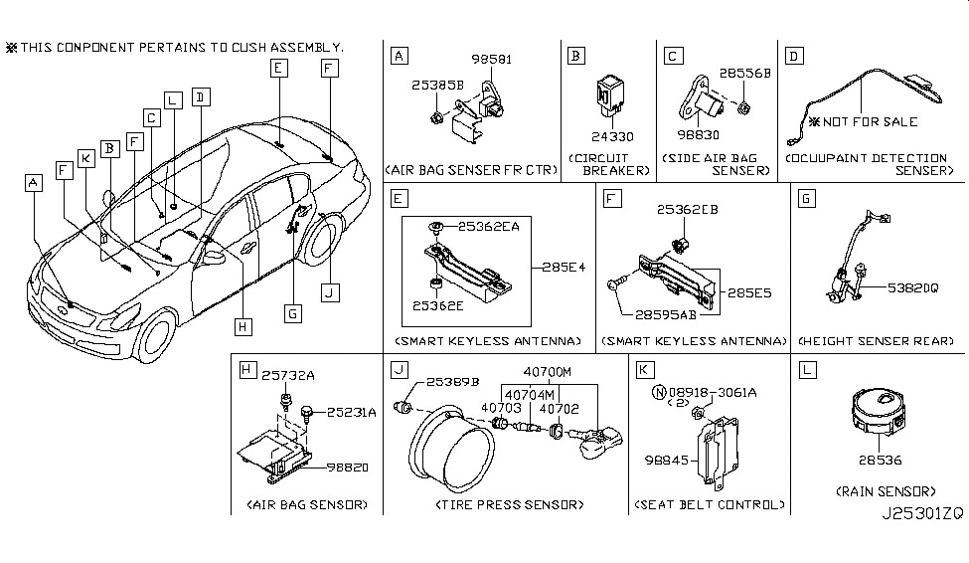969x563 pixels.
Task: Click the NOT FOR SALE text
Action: tap(868, 122)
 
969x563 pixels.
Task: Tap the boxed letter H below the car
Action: tap(240, 323)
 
